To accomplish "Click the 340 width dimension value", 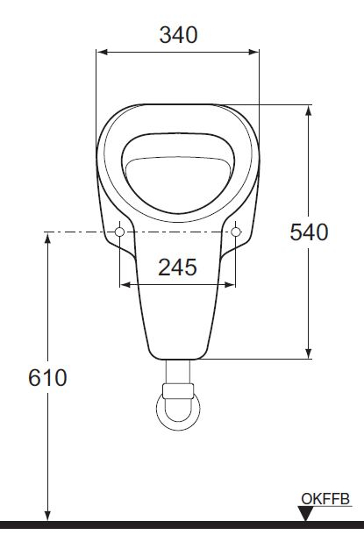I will coord(178,34).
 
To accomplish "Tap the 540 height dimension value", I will coord(309,232).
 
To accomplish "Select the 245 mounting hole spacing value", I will coord(177,267).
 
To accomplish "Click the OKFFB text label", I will coord(325,499).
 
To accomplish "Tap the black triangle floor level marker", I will coord(305,514).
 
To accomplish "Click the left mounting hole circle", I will coord(119,232).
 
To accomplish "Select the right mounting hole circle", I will coord(235,232).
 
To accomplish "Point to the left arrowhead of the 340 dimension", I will coord(101,52).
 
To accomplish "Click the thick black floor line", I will coord(175,524).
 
